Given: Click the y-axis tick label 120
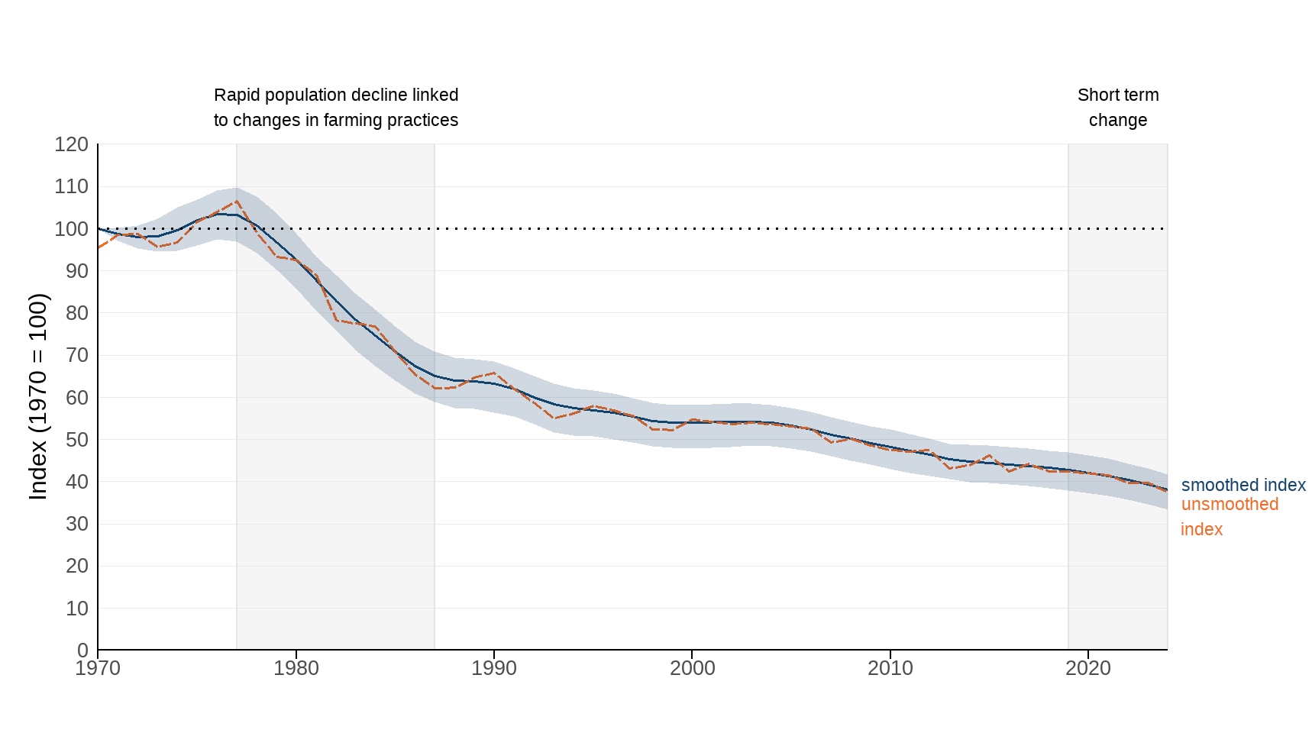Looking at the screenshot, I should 71,144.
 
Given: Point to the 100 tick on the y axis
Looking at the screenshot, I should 71,229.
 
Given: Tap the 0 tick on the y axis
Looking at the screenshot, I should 82,651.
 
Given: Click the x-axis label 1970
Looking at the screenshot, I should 98,668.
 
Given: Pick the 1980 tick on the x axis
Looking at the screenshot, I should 296,668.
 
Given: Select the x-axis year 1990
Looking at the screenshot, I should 494,668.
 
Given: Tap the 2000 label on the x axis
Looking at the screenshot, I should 692,668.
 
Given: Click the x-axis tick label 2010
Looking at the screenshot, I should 890,668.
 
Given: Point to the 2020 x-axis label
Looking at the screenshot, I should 1088,668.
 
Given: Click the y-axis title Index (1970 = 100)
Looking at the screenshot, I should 38,396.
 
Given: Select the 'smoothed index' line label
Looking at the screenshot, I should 1243,485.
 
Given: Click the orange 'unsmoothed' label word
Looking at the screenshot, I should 1230,505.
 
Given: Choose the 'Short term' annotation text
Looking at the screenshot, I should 1118,95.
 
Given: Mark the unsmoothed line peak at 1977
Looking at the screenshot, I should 237,202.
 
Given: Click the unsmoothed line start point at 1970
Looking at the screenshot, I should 99,247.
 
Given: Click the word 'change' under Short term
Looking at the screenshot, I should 1118,121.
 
